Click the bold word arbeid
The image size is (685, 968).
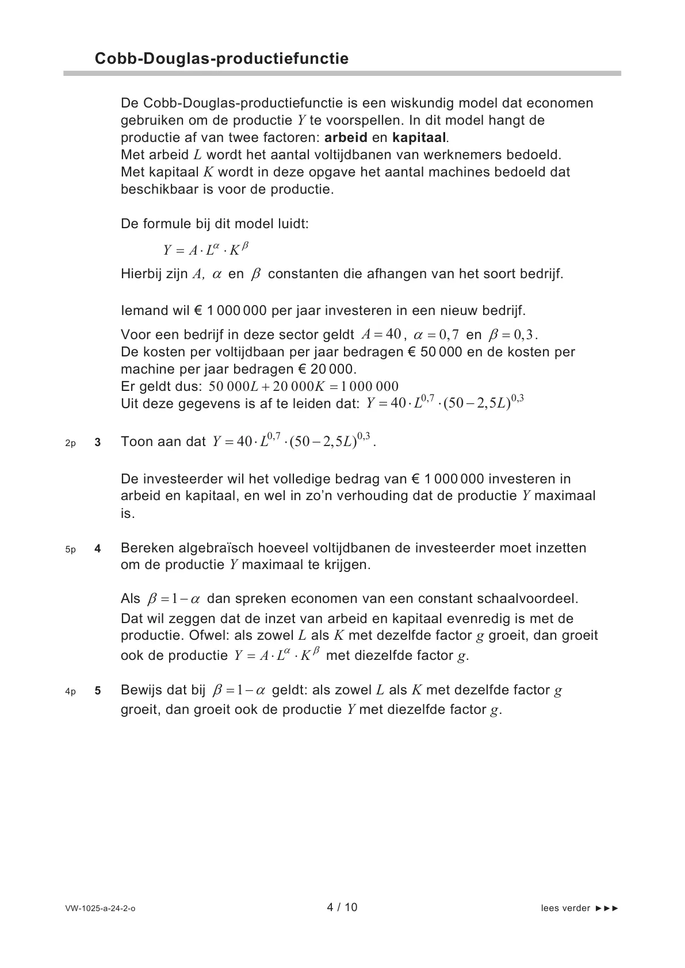coord(346,138)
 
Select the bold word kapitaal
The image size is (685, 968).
coord(419,138)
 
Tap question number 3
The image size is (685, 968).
coord(98,443)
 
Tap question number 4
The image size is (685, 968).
coord(98,549)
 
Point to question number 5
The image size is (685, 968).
coord(98,691)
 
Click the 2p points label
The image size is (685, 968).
coord(70,443)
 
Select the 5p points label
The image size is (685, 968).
coord(70,550)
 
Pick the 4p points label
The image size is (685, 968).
coord(70,692)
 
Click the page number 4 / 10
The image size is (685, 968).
coord(342,908)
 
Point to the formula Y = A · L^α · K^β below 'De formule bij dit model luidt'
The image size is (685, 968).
coord(206,249)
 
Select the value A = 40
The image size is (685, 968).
coord(380,334)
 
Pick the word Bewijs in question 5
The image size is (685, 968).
coord(141,690)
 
